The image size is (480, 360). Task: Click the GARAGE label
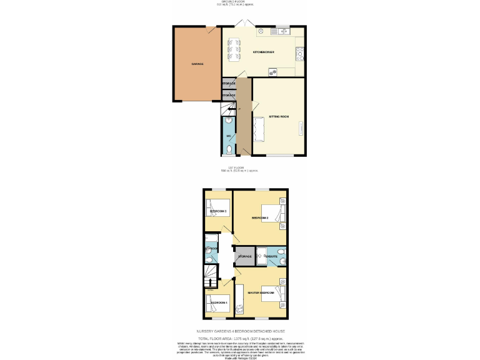197,64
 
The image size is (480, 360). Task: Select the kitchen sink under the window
282,30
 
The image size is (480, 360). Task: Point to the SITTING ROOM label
279,117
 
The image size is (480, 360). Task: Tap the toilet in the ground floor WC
229,149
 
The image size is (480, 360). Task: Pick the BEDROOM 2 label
260,218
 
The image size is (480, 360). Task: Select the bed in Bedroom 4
217,306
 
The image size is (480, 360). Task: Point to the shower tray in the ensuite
262,253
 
